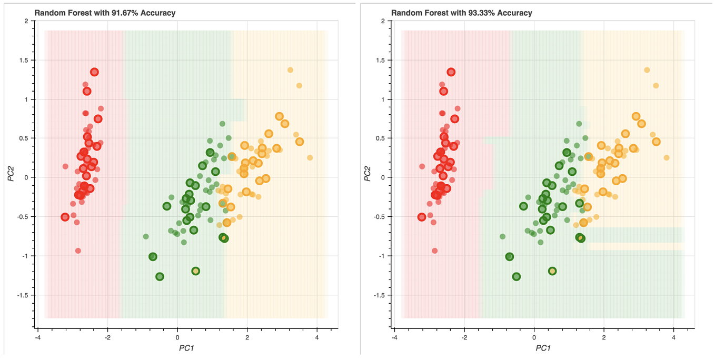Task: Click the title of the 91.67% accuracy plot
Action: point(105,13)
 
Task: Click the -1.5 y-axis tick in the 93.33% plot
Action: point(378,295)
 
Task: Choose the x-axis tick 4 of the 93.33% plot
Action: point(674,337)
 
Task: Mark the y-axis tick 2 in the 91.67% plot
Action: point(26,21)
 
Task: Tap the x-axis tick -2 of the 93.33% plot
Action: point(464,337)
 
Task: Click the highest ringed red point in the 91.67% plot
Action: point(94,72)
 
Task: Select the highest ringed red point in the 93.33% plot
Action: point(451,72)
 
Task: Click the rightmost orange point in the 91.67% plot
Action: point(310,158)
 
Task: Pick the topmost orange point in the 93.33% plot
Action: point(647,70)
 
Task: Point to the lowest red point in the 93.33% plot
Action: point(435,251)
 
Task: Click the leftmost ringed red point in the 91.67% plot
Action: point(65,217)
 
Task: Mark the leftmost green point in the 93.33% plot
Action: point(503,236)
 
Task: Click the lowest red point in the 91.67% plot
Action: point(78,251)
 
